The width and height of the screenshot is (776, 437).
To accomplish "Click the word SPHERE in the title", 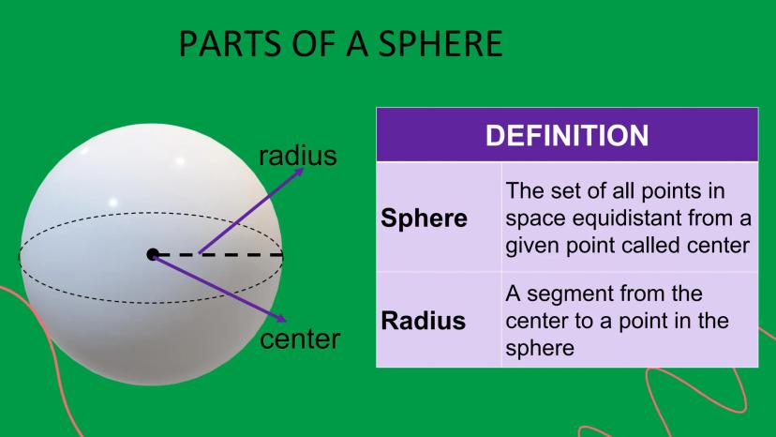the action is click(x=440, y=43).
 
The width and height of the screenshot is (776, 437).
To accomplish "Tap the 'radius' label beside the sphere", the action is click(x=298, y=156).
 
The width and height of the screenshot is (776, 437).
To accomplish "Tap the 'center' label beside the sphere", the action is click(x=300, y=339).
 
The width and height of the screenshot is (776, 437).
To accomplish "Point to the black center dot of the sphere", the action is click(x=153, y=255).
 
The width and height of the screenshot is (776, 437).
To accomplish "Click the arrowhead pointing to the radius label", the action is click(x=298, y=172).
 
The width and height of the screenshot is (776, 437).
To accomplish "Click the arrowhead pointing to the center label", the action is click(x=281, y=318).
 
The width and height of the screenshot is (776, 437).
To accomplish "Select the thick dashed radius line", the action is click(x=217, y=255).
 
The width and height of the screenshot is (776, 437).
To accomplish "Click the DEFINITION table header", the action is click(x=567, y=135).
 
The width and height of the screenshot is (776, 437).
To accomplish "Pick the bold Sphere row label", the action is click(x=424, y=218).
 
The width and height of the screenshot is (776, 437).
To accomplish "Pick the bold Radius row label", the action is click(x=423, y=321).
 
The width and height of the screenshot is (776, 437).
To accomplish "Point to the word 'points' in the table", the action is click(x=671, y=191).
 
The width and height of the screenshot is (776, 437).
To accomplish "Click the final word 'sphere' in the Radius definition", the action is click(x=540, y=348).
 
